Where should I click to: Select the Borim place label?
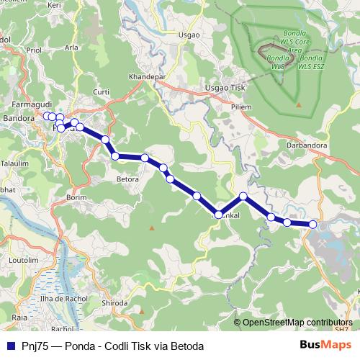[x=76, y=197]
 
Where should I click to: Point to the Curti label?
[x=102, y=92]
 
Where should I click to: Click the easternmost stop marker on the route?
[x=313, y=225]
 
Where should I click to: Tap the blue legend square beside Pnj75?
[x=9, y=346]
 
